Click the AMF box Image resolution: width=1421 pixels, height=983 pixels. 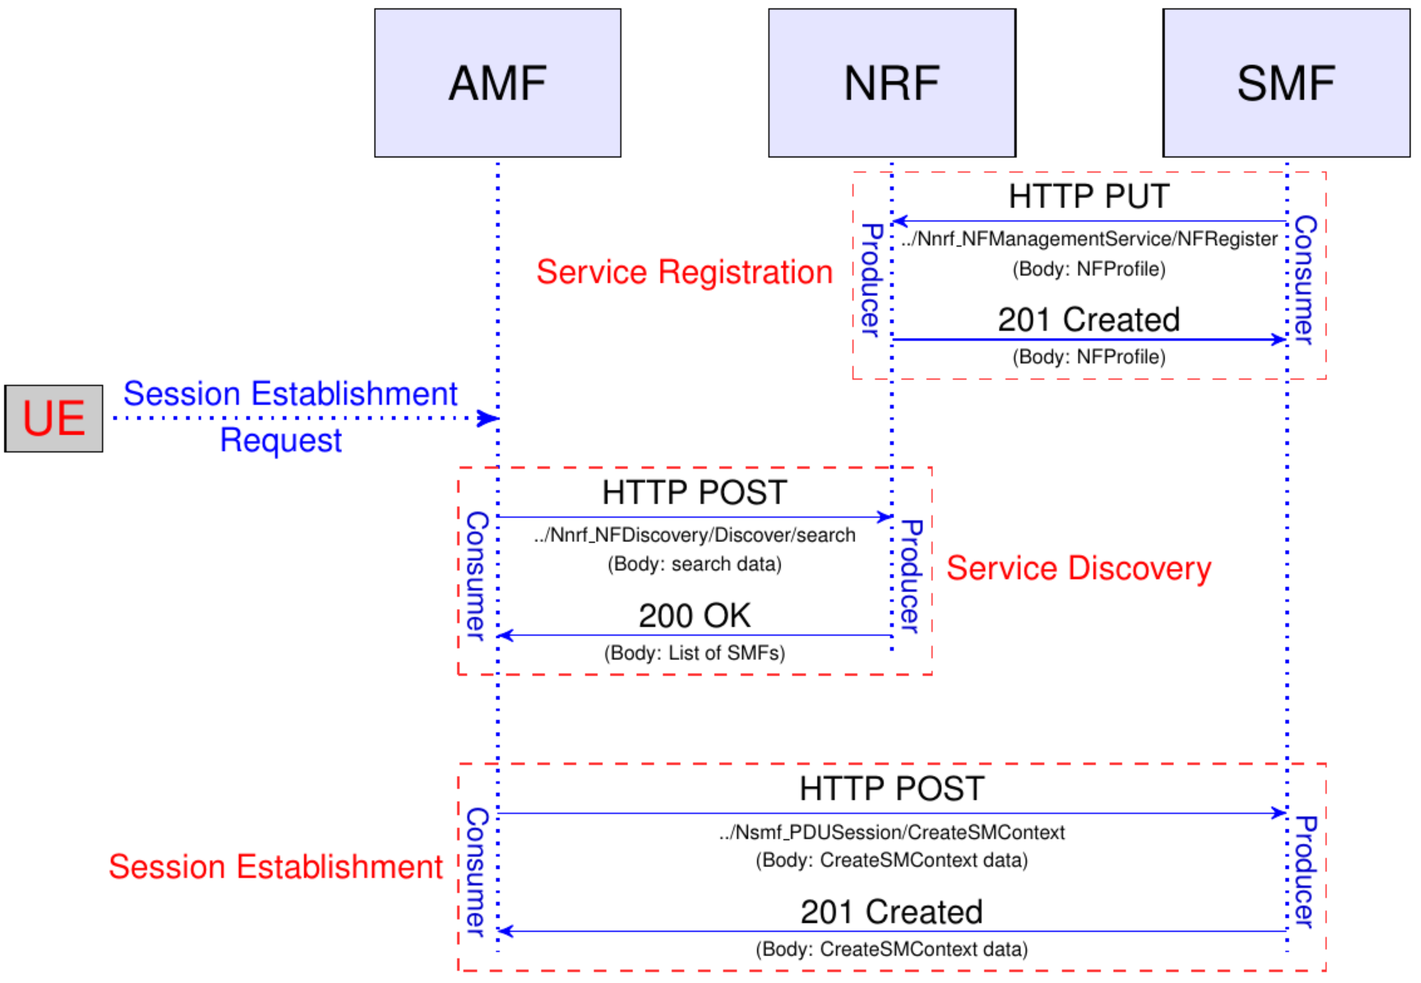(497, 83)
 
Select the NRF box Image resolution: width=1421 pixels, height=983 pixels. (891, 83)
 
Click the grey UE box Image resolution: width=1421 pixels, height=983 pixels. (54, 418)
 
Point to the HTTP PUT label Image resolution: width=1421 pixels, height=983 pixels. (1089, 196)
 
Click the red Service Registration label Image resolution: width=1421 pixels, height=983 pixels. (684, 272)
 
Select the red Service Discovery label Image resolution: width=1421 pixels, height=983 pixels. (1078, 567)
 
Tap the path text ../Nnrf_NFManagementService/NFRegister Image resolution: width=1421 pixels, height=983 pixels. (1089, 239)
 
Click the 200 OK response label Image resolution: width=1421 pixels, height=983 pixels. (694, 615)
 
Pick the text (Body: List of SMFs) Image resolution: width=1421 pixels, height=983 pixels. (694, 653)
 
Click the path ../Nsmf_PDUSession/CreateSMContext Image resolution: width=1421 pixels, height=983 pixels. (891, 832)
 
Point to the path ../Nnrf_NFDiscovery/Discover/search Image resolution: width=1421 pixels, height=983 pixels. (694, 535)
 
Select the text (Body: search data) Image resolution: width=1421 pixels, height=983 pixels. (694, 564)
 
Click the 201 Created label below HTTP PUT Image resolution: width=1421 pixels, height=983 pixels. (1089, 320)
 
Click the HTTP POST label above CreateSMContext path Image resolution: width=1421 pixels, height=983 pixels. (891, 789)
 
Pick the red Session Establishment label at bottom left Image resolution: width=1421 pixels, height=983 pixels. (275, 867)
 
